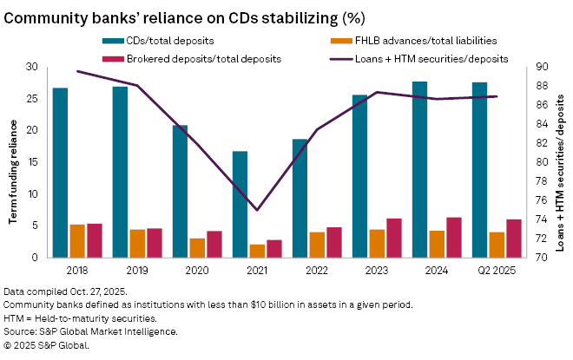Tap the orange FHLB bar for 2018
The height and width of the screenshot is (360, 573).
pos(77,240)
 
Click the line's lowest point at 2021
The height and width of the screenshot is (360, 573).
pos(257,210)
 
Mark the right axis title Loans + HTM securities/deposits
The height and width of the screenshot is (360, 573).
pos(560,163)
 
